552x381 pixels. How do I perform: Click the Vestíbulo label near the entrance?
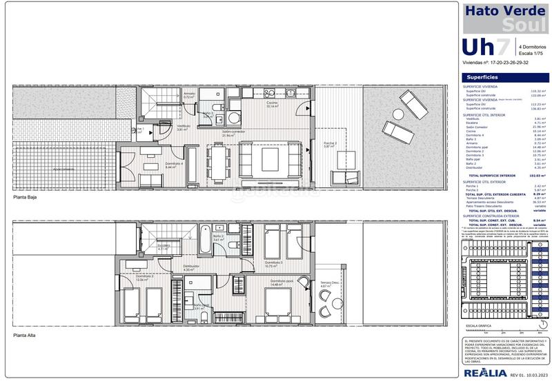184,127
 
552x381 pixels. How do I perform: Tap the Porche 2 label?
331,143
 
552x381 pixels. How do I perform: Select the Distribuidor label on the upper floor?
192,267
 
